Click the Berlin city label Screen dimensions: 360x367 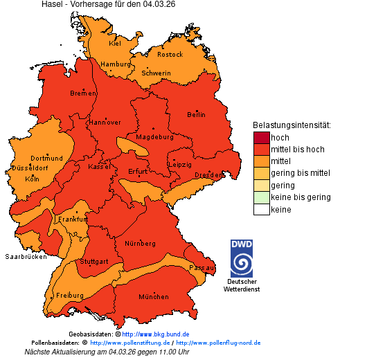point(196,114)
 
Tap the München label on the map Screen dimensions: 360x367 point(154,296)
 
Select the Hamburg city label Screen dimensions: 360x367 point(116,64)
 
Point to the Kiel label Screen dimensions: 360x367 point(115,43)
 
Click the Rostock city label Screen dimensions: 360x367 point(170,54)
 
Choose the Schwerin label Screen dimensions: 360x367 point(156,73)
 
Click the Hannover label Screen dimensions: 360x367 point(105,122)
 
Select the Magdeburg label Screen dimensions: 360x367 point(154,136)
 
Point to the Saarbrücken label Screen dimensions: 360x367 point(26,256)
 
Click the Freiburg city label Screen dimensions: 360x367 point(69,295)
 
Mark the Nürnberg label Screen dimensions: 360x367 point(141,244)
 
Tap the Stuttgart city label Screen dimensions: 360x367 point(94,262)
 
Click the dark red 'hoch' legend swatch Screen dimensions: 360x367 point(261,138)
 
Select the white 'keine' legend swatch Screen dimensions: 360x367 point(261,209)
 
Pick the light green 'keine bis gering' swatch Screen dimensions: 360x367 point(261,197)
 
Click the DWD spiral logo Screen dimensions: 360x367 point(242,258)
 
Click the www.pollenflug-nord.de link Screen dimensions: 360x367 point(218,343)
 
